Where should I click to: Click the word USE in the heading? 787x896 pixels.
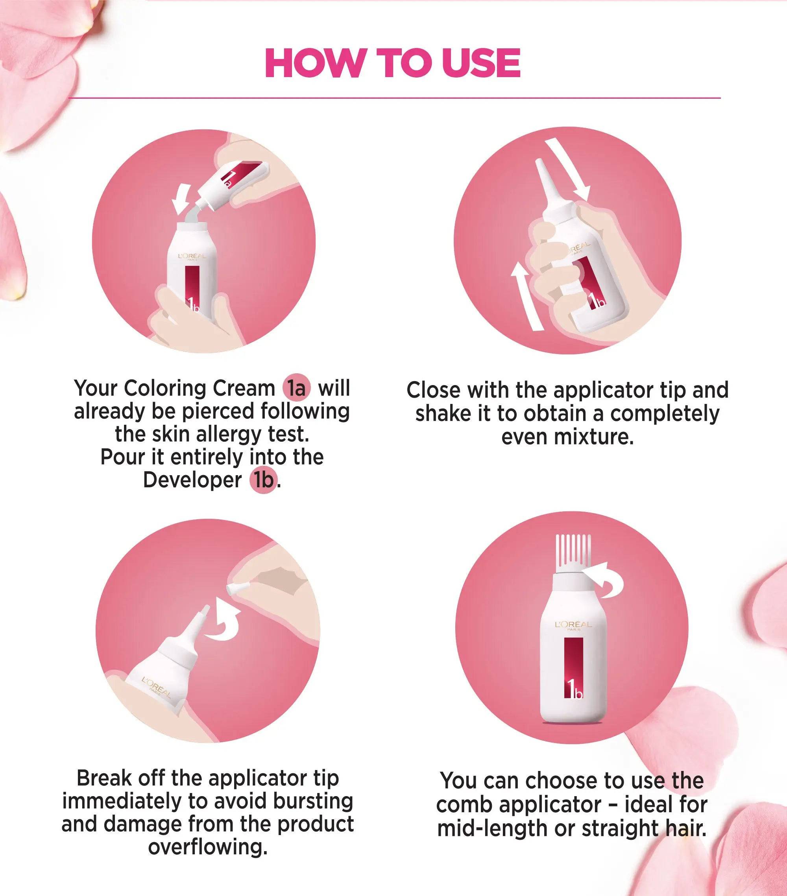[x=481, y=63]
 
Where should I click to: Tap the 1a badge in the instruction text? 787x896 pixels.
[x=297, y=388]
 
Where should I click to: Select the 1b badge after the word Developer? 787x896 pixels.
[x=264, y=480]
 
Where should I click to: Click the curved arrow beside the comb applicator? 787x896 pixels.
[x=609, y=581]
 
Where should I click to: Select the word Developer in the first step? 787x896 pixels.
[x=192, y=480]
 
